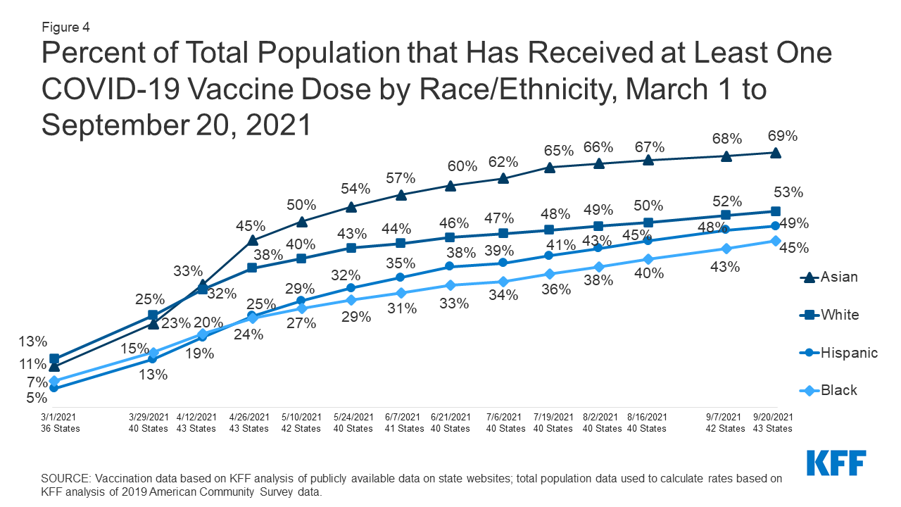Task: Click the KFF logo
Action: (x=836, y=463)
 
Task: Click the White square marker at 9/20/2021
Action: (x=775, y=211)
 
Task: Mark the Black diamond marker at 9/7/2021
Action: (x=726, y=249)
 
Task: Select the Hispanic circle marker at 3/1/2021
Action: (x=54, y=388)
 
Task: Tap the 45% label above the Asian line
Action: (x=251, y=226)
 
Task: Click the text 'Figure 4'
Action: (x=65, y=27)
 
